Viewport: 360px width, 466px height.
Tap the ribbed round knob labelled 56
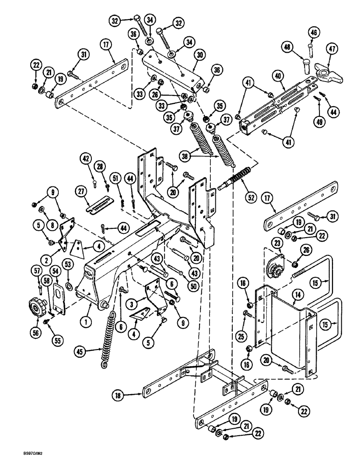tap(36, 307)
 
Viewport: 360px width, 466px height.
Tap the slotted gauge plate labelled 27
tap(100, 204)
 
